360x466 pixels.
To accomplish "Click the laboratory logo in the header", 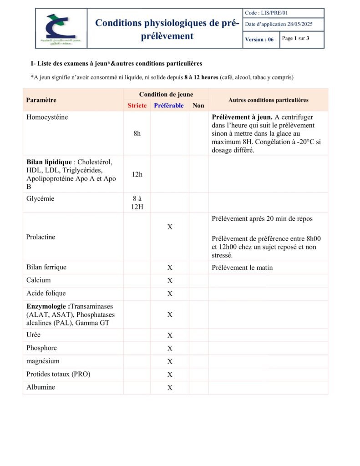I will (61, 28).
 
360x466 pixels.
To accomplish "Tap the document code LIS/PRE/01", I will (267, 13).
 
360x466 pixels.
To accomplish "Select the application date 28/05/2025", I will (279, 25).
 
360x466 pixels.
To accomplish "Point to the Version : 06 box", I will (259, 40).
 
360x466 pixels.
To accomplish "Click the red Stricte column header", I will (137, 106).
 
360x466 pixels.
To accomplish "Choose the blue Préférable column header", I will (169, 106).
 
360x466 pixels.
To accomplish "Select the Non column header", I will (198, 106).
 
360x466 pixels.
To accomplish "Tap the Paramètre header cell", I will (41, 100).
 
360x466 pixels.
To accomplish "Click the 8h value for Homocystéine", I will (137, 134).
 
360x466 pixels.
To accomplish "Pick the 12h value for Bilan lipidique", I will (137, 174).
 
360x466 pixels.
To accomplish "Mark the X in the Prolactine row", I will (170, 227).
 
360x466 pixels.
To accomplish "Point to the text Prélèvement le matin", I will (242, 268).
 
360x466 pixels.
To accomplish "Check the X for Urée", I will (170, 335).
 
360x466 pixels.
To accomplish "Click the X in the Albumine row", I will (170, 388).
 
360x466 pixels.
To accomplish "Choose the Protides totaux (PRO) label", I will (58, 375).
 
